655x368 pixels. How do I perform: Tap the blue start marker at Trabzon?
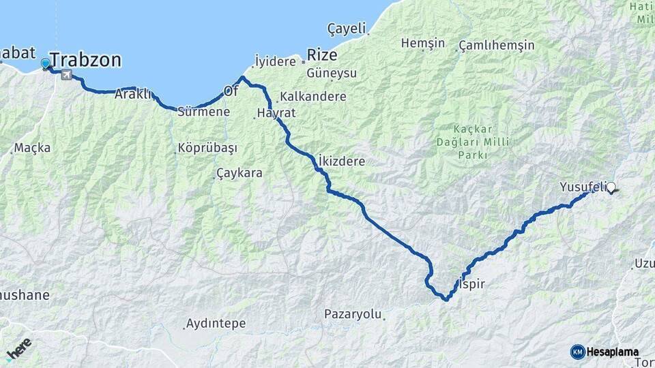coord(46,63)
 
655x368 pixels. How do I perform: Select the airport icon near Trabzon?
coord(66,74)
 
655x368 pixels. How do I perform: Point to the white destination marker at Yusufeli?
coord(611,187)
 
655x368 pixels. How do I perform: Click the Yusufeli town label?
coord(581,186)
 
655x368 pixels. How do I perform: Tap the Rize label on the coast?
coord(322,55)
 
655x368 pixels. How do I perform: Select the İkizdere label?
coord(341,162)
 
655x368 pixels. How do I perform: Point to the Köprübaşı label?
coord(206,148)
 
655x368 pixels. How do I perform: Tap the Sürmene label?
coord(203,112)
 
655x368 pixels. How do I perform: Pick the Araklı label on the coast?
coord(132,94)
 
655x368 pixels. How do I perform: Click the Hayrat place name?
coord(276,112)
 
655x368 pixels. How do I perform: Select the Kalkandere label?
coord(312,96)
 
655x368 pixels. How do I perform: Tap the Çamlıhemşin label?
coord(496,45)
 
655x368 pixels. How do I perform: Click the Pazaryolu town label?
coord(351,314)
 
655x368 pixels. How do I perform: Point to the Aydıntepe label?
coord(216,323)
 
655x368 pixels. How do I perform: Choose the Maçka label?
coord(33,148)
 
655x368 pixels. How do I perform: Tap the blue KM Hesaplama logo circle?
coord(578,352)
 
